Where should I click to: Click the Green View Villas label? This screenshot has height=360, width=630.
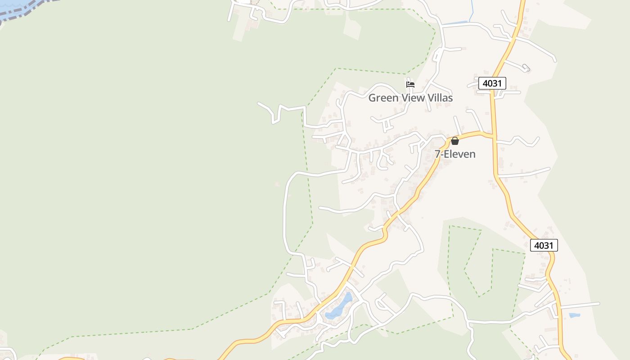click(x=410, y=98)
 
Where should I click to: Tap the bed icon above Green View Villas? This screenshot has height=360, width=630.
click(x=410, y=84)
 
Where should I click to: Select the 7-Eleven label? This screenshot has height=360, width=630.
click(x=454, y=154)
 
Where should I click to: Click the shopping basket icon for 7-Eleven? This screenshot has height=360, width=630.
click(x=454, y=141)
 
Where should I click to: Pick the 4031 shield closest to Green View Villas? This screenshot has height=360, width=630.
click(x=492, y=83)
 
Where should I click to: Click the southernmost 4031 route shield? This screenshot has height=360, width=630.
click(x=544, y=245)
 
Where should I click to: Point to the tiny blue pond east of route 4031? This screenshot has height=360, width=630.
click(x=574, y=315)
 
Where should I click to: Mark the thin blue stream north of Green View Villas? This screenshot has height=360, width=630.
click(x=471, y=11)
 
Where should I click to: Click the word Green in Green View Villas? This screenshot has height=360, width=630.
click(x=383, y=98)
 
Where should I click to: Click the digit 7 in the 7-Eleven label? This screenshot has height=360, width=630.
click(x=437, y=154)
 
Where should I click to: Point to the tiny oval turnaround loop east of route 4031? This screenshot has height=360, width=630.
click(x=526, y=68)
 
